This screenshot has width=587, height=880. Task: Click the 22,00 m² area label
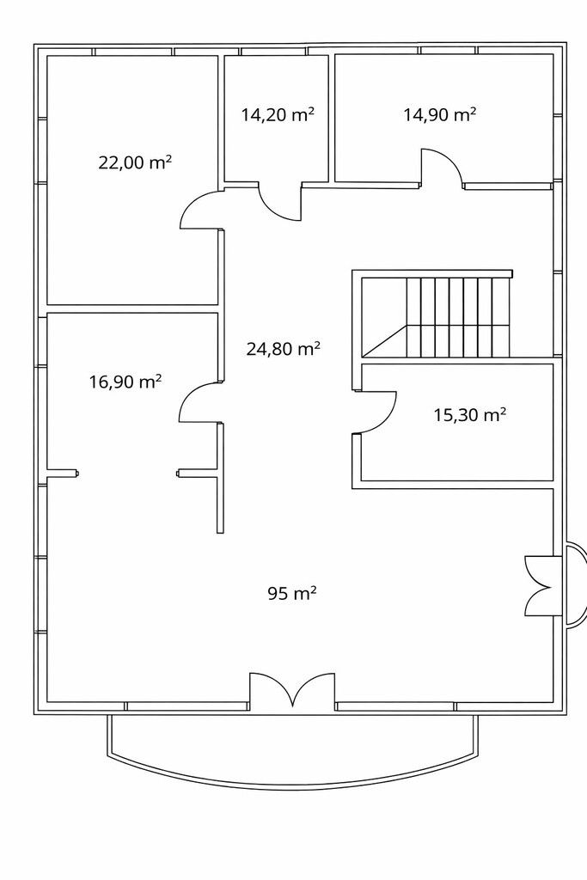135,162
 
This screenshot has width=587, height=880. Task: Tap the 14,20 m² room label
278,114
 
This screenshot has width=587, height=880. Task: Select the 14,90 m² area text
440,114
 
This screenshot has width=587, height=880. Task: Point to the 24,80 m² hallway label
284,349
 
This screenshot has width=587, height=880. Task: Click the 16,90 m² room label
125,382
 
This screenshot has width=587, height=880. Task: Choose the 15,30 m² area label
470,415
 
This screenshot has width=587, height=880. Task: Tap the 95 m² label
292,593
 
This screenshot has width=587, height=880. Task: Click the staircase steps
457,317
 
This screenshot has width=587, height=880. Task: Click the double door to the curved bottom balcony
292,688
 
